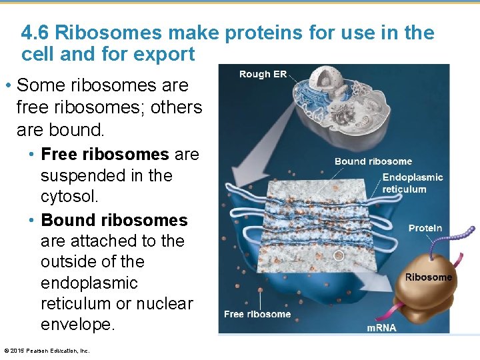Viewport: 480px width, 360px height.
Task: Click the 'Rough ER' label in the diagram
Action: [263, 74]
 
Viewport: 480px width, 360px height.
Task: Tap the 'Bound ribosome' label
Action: [373, 161]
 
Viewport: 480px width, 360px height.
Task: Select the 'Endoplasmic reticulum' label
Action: [412, 183]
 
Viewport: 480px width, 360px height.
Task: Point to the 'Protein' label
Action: [425, 228]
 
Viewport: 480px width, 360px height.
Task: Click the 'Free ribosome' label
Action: [257, 314]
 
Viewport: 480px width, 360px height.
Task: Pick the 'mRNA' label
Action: [381, 327]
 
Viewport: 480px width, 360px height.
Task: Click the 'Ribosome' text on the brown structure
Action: [428, 277]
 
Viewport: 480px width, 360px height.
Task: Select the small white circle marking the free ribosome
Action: [339, 255]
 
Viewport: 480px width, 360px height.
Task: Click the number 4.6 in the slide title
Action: [37, 33]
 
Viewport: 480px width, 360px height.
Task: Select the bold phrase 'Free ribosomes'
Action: [105, 155]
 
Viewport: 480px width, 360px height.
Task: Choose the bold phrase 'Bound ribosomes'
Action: [114, 220]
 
